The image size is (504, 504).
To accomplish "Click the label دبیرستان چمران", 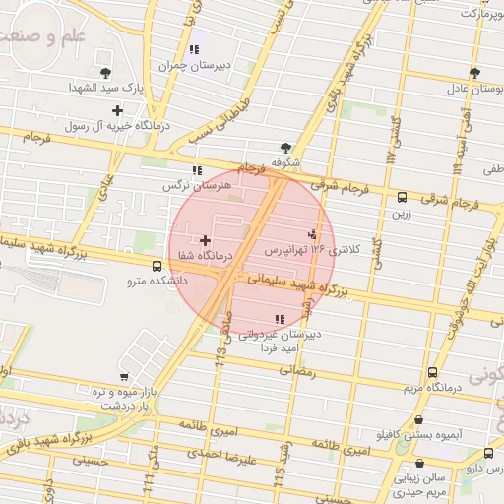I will [197, 66].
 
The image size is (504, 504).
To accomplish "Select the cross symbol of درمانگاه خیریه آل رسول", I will [118, 110].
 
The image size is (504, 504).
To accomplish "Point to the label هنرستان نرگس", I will [197, 185].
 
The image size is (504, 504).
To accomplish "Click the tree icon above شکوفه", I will [285, 146].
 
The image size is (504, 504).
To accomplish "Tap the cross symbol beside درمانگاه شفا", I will [205, 240].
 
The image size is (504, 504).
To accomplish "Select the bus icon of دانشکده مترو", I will [157, 266].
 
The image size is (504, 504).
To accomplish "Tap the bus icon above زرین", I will [402, 198].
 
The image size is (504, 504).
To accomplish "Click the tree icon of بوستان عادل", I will [475, 73].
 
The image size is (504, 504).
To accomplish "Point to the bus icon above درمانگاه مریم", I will [433, 372].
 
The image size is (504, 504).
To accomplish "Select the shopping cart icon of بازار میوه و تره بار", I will [123, 377].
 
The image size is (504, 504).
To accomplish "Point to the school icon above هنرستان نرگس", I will [197, 169].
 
